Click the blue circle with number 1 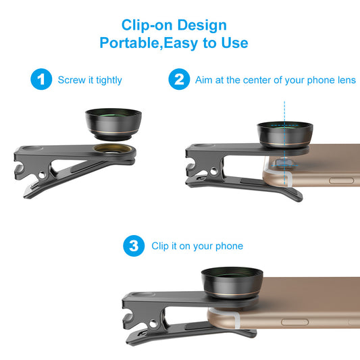41,80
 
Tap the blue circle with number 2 178,80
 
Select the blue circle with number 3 133,246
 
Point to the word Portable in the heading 130,43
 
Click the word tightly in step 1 108,80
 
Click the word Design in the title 203,26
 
